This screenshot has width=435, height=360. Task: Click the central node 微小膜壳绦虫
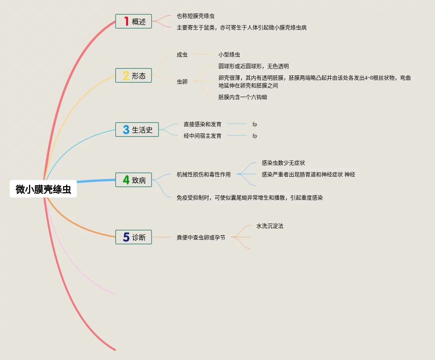click(43, 189)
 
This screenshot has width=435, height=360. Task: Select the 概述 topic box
click(133, 21)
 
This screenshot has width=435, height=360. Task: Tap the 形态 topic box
click(133, 75)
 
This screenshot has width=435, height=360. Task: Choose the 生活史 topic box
click(137, 130)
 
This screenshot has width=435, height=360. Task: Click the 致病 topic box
click(133, 180)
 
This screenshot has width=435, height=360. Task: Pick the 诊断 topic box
click(133, 237)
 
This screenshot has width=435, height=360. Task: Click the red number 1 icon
click(126, 21)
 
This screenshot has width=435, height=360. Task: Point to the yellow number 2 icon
click(126, 75)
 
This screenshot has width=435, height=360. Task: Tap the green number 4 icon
click(126, 180)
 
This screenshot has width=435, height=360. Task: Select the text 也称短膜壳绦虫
click(196, 16)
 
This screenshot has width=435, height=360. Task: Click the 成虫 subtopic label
click(182, 55)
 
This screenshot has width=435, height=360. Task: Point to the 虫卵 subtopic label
click(182, 82)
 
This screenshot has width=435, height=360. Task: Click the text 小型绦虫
click(229, 55)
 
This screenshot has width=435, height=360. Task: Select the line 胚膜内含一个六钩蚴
click(243, 97)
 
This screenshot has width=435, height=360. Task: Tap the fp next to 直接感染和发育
click(255, 124)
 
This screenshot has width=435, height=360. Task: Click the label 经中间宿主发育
click(203, 136)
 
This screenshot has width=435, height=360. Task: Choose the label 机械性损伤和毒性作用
click(204, 174)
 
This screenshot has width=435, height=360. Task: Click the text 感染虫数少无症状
click(283, 163)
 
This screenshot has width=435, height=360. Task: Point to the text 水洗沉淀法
click(270, 226)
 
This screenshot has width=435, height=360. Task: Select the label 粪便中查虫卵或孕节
click(201, 237)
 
